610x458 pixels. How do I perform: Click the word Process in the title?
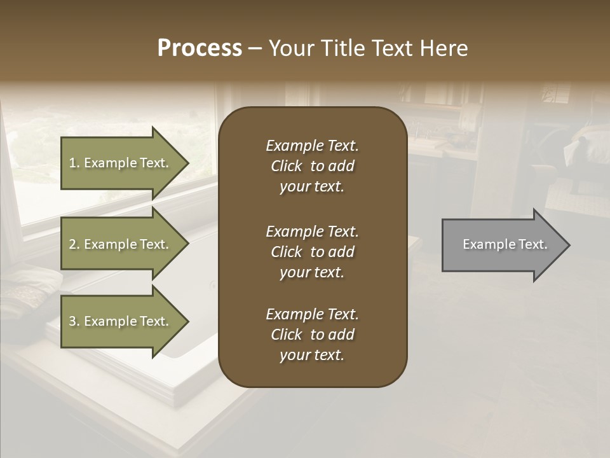[200, 48]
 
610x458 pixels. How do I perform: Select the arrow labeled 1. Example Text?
[121, 163]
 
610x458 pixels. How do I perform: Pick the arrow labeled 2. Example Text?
[121, 244]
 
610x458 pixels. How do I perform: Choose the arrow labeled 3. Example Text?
[121, 321]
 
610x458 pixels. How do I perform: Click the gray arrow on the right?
[502, 245]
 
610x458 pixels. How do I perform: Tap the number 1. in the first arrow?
[74, 163]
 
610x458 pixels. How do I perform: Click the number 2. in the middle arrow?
[74, 244]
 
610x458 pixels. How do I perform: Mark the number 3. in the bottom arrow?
[74, 321]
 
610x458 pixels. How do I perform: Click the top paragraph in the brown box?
[312, 166]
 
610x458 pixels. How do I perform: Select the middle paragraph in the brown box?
[312, 251]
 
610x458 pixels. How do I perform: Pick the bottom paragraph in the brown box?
[312, 335]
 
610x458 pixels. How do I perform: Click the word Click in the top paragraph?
[287, 166]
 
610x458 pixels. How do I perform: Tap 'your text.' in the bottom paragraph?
[312, 355]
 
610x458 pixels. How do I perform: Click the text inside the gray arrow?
[505, 244]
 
